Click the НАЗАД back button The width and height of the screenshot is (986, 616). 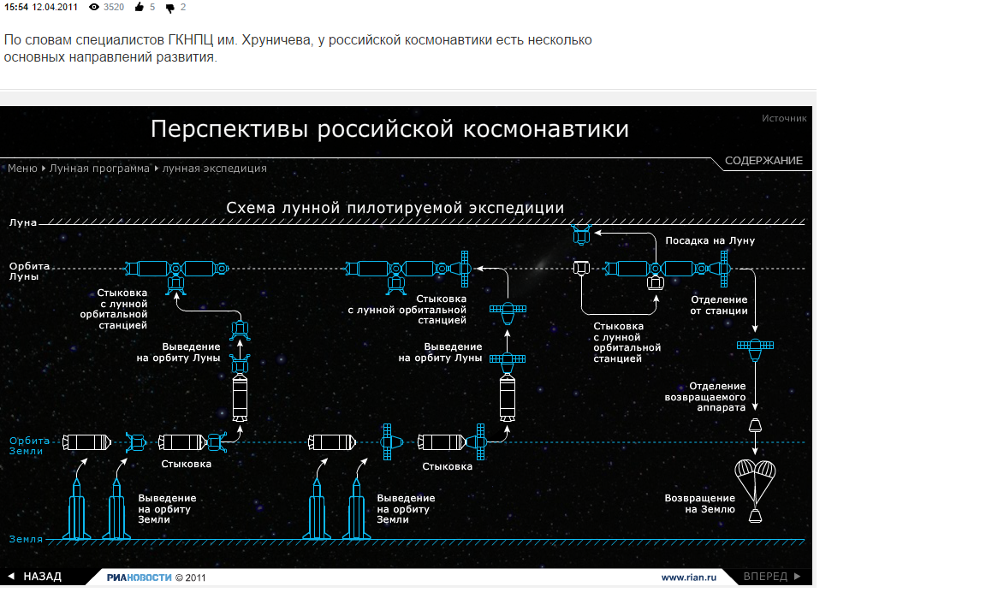(x=35, y=577)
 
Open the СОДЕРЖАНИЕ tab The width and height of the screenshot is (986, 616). (x=763, y=161)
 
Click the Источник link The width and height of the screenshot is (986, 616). (x=784, y=118)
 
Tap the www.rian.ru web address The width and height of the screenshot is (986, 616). (x=687, y=577)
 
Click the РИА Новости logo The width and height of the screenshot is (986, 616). (x=139, y=577)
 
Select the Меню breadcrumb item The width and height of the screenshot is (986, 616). (x=22, y=169)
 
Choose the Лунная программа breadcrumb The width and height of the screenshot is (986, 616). (x=99, y=169)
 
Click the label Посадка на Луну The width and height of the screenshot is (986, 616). (x=710, y=241)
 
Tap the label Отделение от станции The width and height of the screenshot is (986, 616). (x=719, y=305)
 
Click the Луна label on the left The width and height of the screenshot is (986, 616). (x=23, y=222)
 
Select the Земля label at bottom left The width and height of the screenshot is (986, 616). (x=26, y=539)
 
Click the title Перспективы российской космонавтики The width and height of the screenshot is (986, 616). (x=389, y=129)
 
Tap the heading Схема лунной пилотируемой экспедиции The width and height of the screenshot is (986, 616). (x=395, y=208)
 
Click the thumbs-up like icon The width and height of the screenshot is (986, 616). (x=139, y=8)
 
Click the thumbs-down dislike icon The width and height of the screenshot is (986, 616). (x=169, y=8)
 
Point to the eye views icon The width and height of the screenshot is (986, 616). (x=94, y=7)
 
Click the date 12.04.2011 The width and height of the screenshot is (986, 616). (x=56, y=7)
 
